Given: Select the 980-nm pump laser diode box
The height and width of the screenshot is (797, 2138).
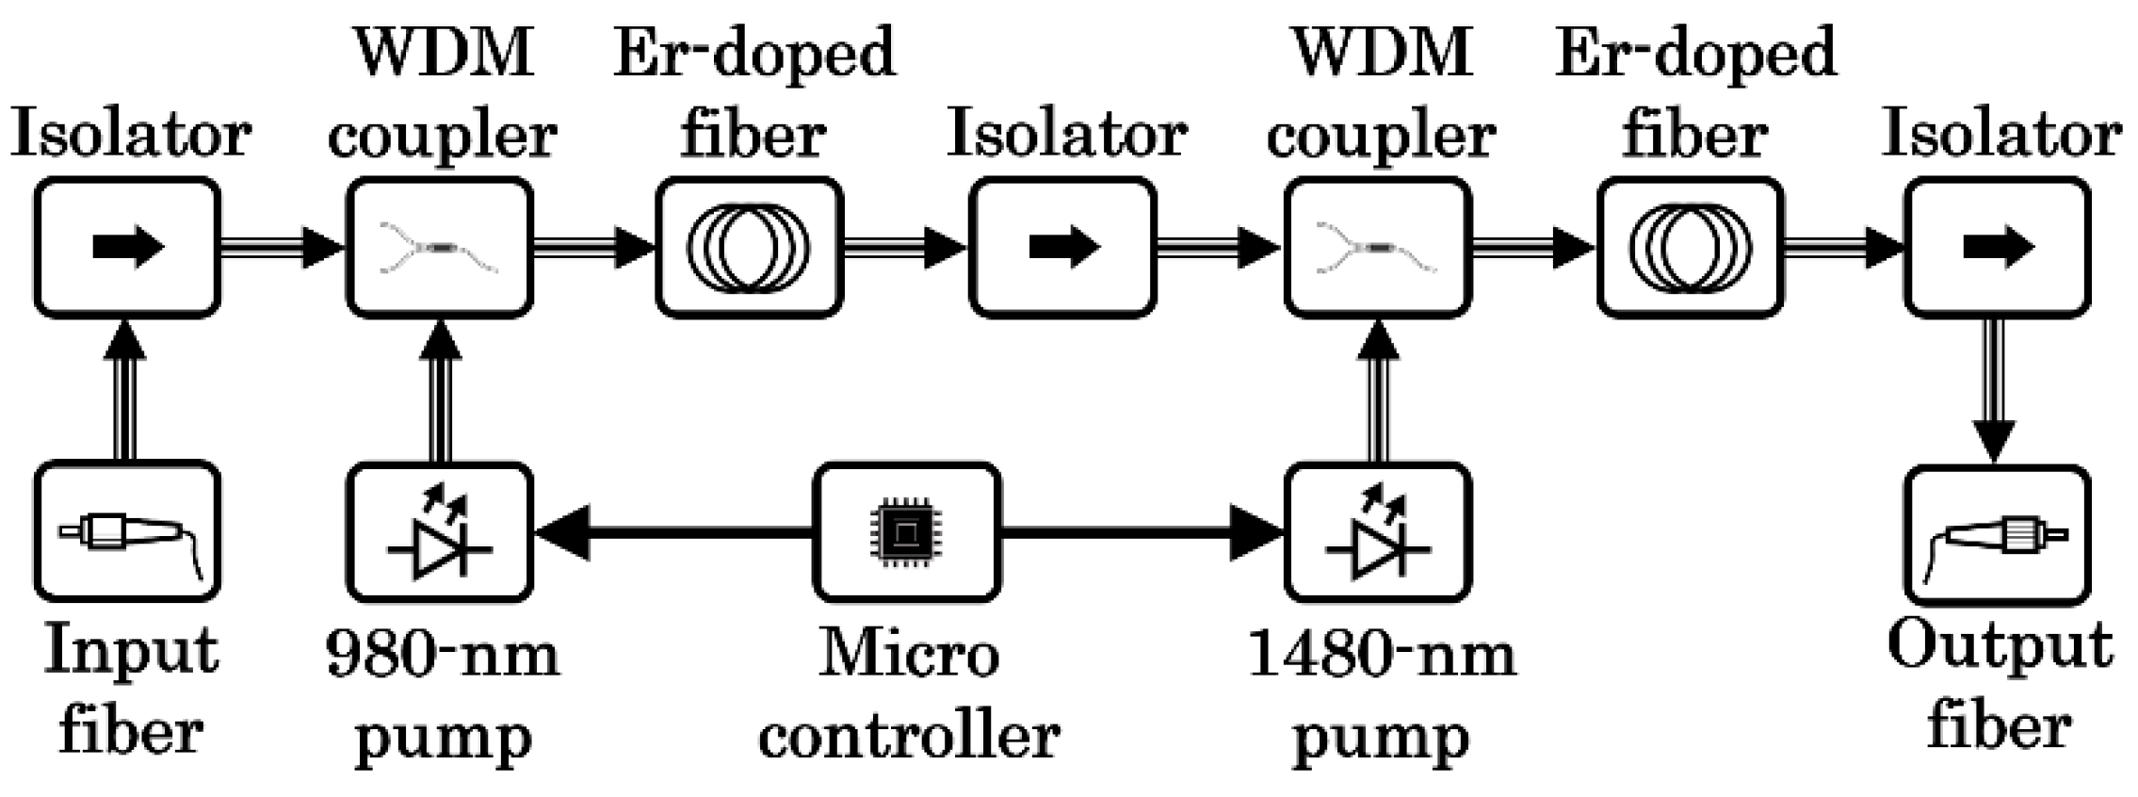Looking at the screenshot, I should click(x=440, y=532).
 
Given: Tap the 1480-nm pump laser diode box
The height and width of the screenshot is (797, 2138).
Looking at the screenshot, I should click(x=1377, y=532).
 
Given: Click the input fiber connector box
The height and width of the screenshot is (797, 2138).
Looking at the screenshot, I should click(x=127, y=532).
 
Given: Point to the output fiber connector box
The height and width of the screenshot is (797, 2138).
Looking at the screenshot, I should click(x=1997, y=534).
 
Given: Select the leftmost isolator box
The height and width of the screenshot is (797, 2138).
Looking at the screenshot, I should click(x=127, y=248).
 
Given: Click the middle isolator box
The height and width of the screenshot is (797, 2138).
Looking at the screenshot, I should click(x=1062, y=248).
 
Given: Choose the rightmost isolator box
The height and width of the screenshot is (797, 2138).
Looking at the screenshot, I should click(x=1997, y=248).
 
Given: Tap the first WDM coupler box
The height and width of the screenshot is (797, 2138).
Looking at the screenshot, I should click(x=440, y=248).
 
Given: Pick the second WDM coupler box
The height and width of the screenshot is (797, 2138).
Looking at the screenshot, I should click(x=1377, y=248).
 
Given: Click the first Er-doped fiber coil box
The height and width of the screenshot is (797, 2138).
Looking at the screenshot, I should click(x=749, y=248).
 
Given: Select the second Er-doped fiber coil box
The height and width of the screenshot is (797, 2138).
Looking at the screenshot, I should click(x=1690, y=248).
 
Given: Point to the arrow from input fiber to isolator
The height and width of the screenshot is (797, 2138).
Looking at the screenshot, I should click(x=127, y=391).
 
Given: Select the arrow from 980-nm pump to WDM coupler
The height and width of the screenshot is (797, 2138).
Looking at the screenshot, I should click(x=440, y=391).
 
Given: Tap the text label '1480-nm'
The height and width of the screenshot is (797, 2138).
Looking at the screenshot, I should click(x=1381, y=654).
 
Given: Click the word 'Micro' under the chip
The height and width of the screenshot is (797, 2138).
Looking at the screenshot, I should click(x=908, y=652).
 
